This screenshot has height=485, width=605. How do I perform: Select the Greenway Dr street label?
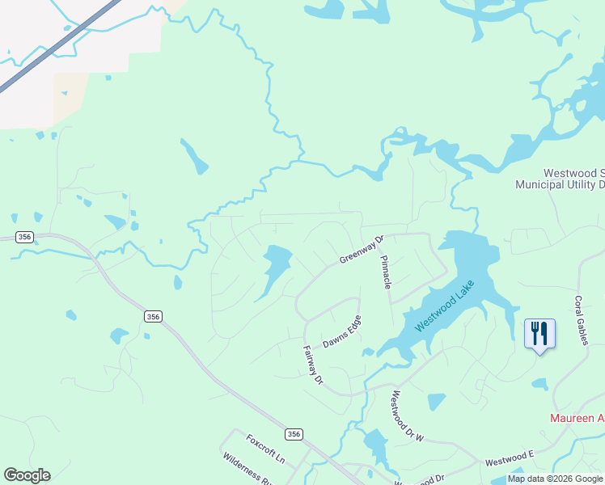360,250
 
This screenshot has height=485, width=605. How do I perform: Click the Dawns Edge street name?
342,332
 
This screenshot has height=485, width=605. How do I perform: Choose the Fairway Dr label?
312,365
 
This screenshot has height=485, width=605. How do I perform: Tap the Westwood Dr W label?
407,417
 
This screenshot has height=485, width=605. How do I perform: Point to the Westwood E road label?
510,459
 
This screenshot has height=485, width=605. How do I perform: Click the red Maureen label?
577,418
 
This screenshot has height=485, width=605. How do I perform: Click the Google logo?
27,475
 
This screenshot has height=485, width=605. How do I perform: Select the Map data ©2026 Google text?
555,479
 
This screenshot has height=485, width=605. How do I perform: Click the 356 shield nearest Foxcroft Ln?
294,434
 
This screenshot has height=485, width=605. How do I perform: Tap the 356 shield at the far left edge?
26,237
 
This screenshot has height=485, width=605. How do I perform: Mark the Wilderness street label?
246,466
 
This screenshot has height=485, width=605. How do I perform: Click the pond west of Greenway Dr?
275,268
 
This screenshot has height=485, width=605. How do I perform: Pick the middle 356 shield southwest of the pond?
153,316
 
